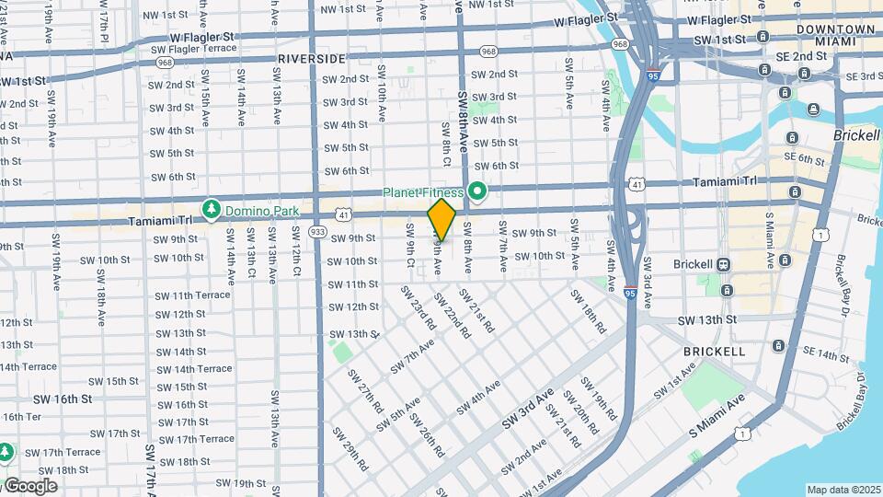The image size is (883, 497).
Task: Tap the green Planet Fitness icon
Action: [476, 192]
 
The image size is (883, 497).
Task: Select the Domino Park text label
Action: [262, 211]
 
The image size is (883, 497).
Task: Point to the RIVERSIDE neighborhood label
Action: [311, 58]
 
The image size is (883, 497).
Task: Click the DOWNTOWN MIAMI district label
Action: [835, 36]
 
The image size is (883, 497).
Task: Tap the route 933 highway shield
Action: [318, 230]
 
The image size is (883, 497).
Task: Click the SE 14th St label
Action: [826, 355]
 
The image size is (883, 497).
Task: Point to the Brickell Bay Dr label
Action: [853, 401]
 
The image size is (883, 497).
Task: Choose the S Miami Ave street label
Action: [717, 417]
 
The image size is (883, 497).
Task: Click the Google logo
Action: [31, 485]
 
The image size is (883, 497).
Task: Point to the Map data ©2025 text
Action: [843, 490]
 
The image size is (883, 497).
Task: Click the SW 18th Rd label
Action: [589, 311]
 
